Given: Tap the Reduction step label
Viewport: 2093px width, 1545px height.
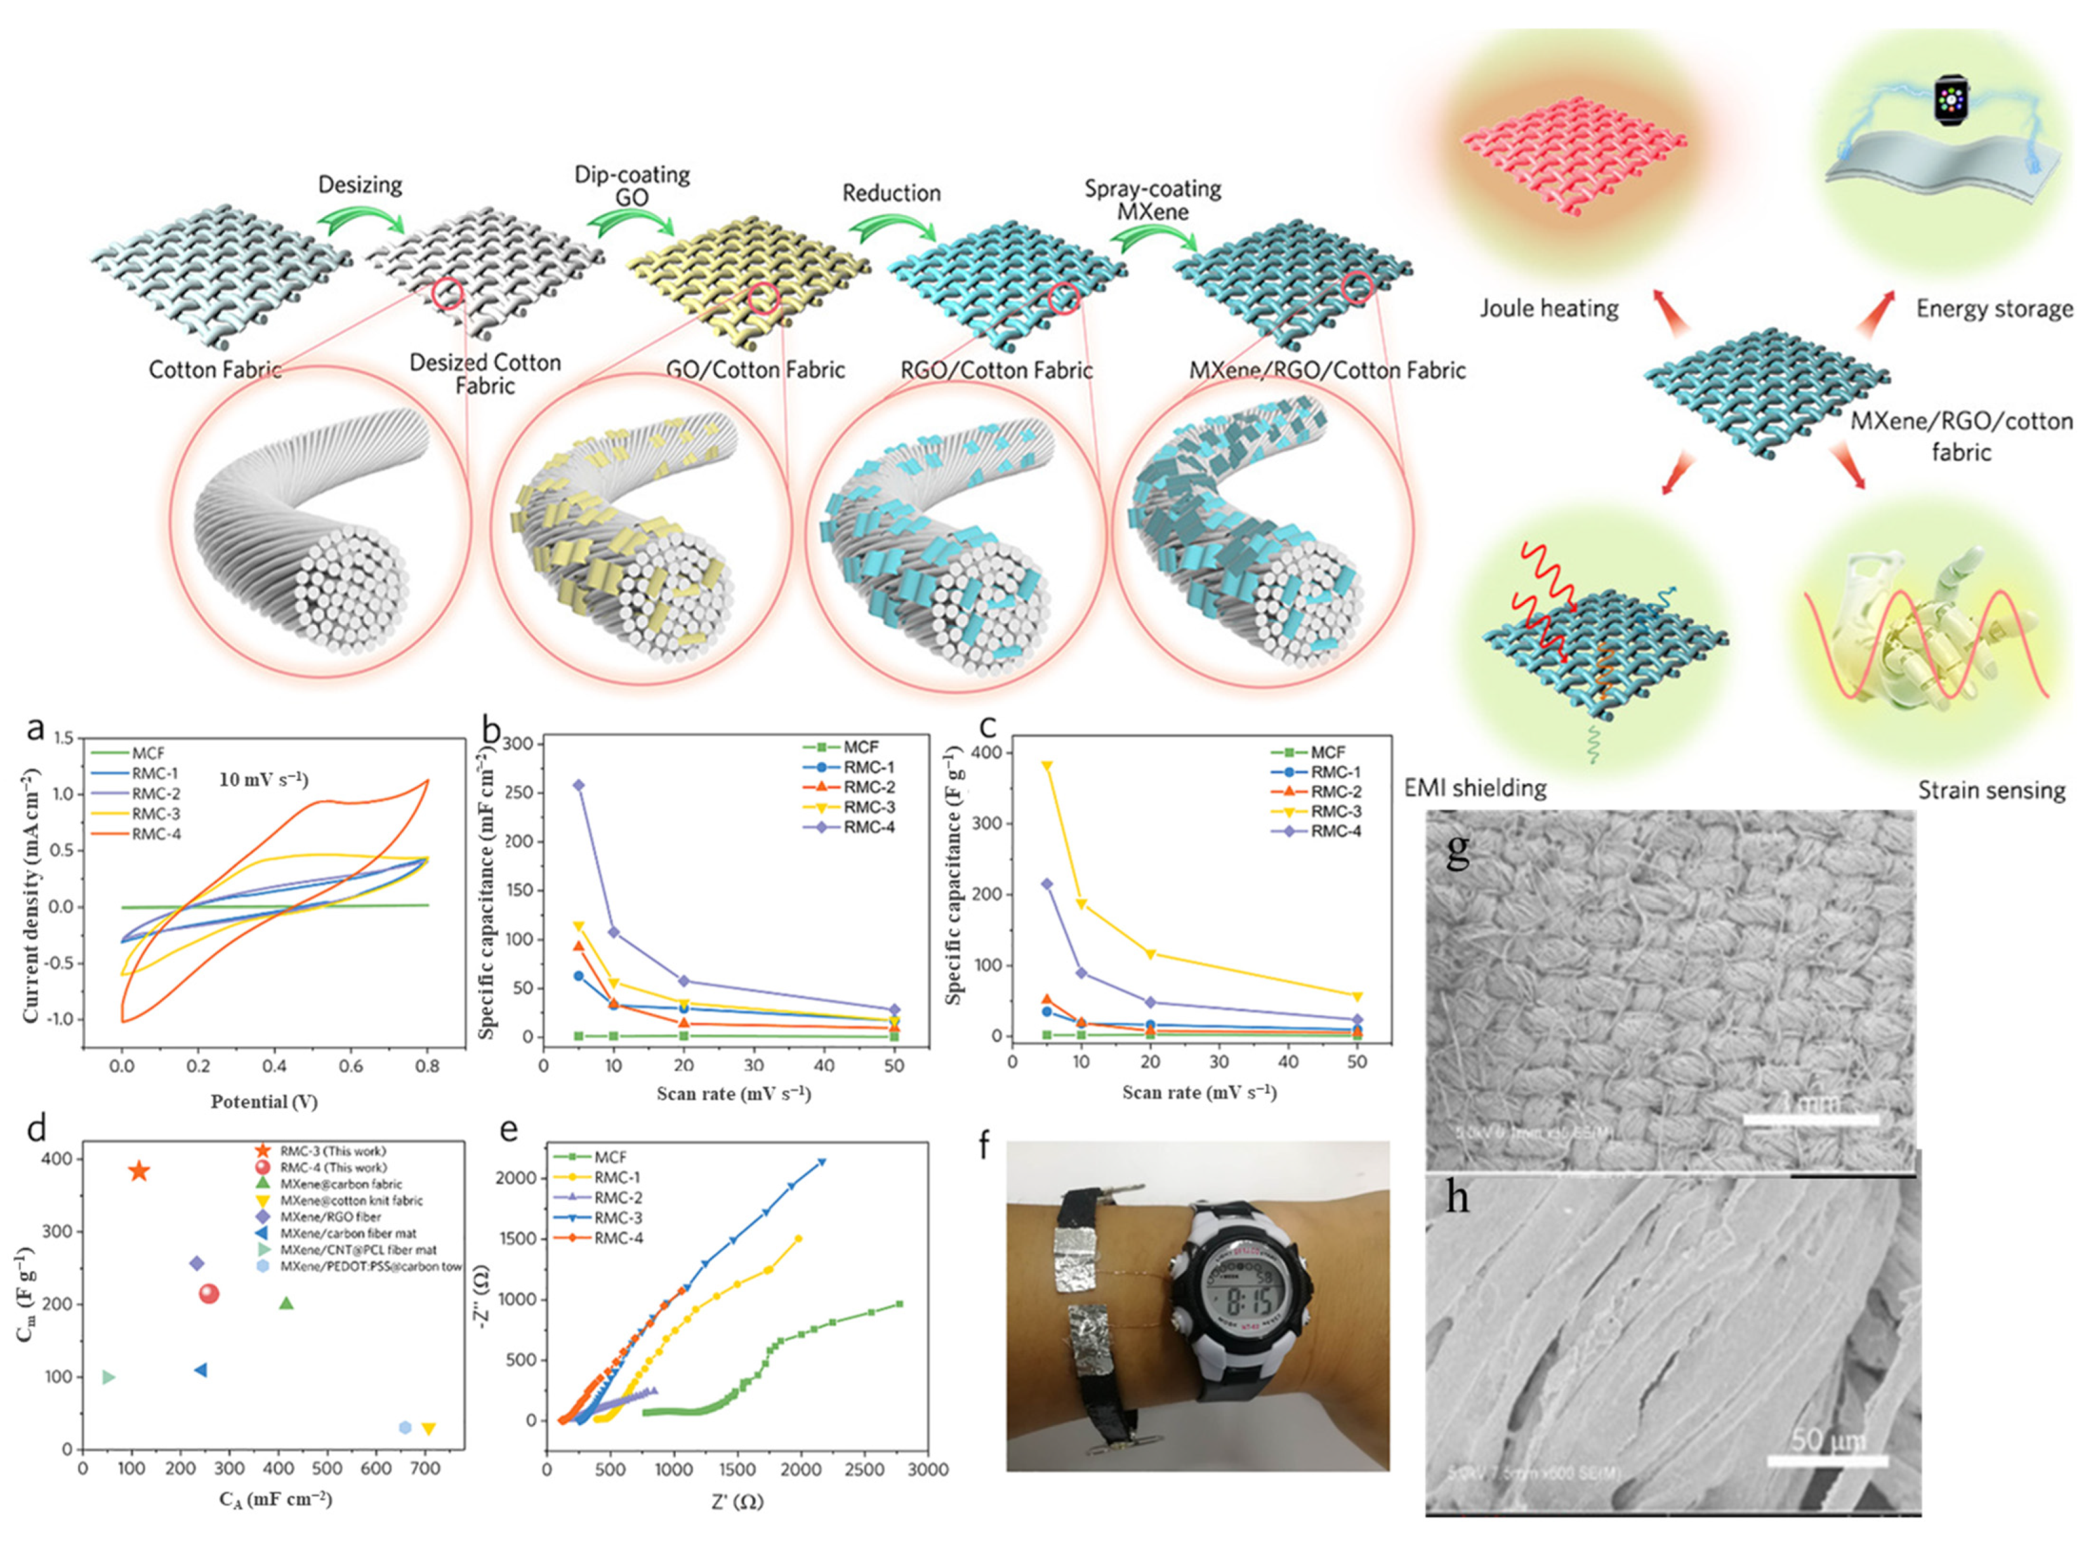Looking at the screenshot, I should (x=891, y=194).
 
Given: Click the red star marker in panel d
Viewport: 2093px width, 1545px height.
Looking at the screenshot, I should (x=138, y=1171).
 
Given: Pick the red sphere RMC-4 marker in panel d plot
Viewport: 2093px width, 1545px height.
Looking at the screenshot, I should (x=209, y=1294).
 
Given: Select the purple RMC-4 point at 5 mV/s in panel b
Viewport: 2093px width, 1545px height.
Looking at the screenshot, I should (x=579, y=785).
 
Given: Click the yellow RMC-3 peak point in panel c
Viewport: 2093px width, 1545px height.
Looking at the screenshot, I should (x=1046, y=766).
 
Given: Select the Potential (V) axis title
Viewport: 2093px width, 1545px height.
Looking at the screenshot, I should (x=264, y=1101).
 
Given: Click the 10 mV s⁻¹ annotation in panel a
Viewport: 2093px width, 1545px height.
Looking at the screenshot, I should (x=264, y=779).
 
